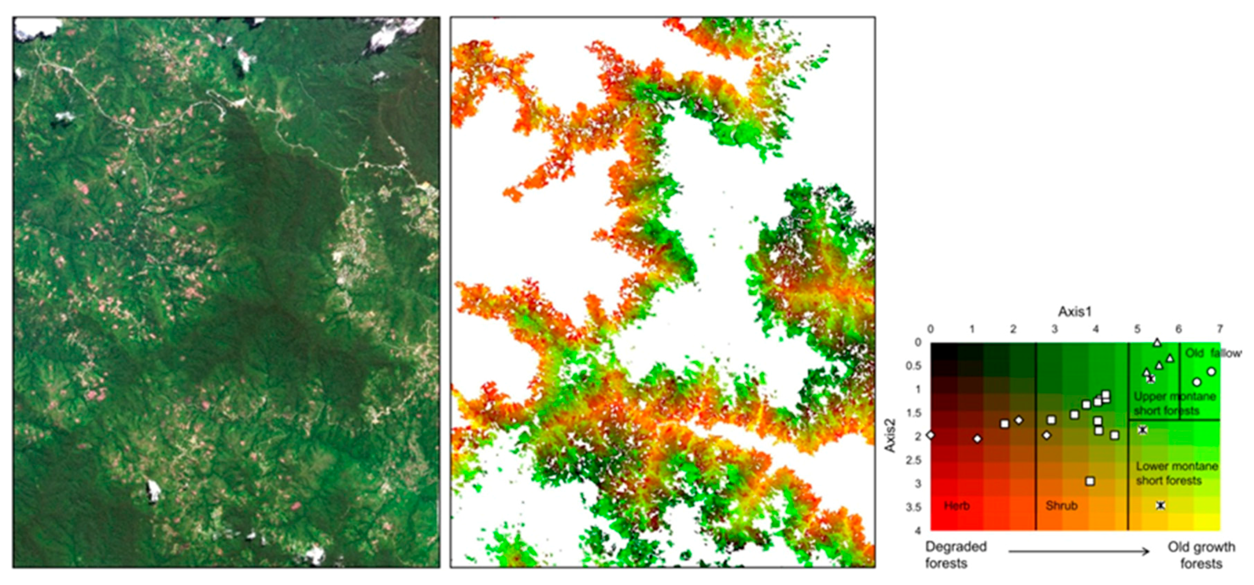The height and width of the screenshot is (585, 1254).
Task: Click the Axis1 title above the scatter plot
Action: coord(1074,312)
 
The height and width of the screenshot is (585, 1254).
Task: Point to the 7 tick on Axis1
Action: coord(1220,329)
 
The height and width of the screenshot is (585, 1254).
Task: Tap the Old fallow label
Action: coord(1212,353)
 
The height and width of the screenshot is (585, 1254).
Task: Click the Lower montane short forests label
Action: coord(1176,473)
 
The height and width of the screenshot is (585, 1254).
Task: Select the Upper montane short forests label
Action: coord(1174,403)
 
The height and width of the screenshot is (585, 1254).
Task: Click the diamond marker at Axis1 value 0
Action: coord(931,435)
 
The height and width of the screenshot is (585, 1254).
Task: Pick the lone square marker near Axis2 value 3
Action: coord(1090,481)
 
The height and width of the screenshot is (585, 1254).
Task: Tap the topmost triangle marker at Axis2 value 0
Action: coord(1157,343)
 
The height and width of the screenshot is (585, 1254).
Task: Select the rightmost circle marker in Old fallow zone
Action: coord(1211,372)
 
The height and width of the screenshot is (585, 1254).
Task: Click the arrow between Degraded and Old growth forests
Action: coord(1078,551)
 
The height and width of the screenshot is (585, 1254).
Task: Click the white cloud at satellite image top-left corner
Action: coord(37,28)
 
